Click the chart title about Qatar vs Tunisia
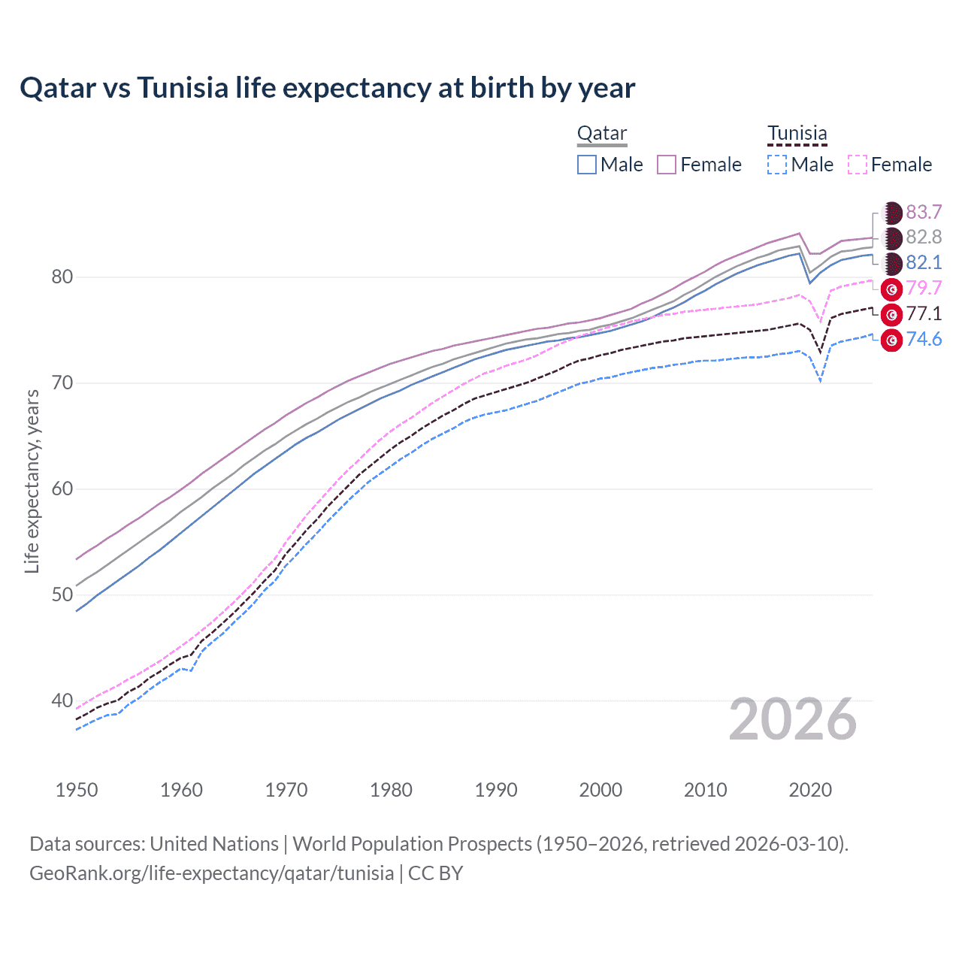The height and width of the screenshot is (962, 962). click(328, 88)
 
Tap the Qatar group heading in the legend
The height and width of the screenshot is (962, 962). click(601, 133)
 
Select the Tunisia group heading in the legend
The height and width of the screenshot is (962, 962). click(797, 133)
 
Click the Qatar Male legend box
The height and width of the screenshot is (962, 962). click(587, 165)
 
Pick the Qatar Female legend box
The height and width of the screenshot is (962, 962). click(667, 165)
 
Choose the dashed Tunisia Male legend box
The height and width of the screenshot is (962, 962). click(777, 165)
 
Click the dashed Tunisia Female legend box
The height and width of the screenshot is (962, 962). click(858, 165)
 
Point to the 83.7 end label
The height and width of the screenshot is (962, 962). click(924, 212)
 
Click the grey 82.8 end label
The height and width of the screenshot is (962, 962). click(924, 237)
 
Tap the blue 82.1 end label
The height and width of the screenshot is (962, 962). click(924, 262)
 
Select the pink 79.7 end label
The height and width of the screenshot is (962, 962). click(924, 288)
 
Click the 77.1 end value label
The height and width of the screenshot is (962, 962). click(924, 313)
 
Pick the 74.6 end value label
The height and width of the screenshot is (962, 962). click(924, 339)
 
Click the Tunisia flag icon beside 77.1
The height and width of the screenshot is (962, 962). click(891, 314)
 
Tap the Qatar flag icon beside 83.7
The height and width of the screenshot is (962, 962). click(891, 213)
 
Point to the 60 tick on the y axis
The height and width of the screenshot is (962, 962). click(62, 489)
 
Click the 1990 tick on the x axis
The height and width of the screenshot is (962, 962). click(496, 790)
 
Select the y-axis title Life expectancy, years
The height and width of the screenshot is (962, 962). click(32, 481)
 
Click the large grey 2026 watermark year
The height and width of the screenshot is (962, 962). click(793, 720)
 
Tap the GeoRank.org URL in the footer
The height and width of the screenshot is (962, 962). click(211, 873)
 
